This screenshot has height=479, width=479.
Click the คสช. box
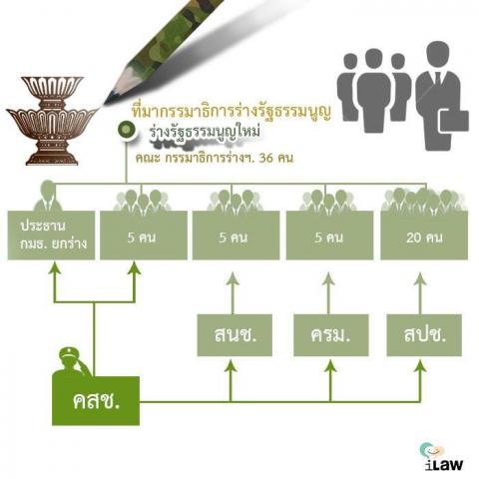96,401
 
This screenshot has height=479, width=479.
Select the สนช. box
235,335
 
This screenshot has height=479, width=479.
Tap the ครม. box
331,335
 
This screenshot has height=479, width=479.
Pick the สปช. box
424,335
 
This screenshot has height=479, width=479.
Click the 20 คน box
424,236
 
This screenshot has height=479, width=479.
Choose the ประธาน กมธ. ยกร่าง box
51,236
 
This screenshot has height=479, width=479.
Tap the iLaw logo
442,456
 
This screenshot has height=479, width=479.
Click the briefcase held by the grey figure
454,121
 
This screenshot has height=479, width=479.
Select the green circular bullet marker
126,129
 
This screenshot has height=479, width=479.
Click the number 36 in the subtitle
265,158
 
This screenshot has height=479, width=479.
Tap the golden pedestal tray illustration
52,121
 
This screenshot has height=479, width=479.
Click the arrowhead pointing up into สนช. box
231,366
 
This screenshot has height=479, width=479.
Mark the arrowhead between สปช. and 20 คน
420,278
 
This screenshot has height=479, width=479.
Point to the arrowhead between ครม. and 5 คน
328,278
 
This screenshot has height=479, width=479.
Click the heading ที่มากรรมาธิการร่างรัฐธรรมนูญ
232,112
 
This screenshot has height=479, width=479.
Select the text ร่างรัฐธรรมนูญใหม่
205,132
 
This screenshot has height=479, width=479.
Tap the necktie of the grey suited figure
438,79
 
